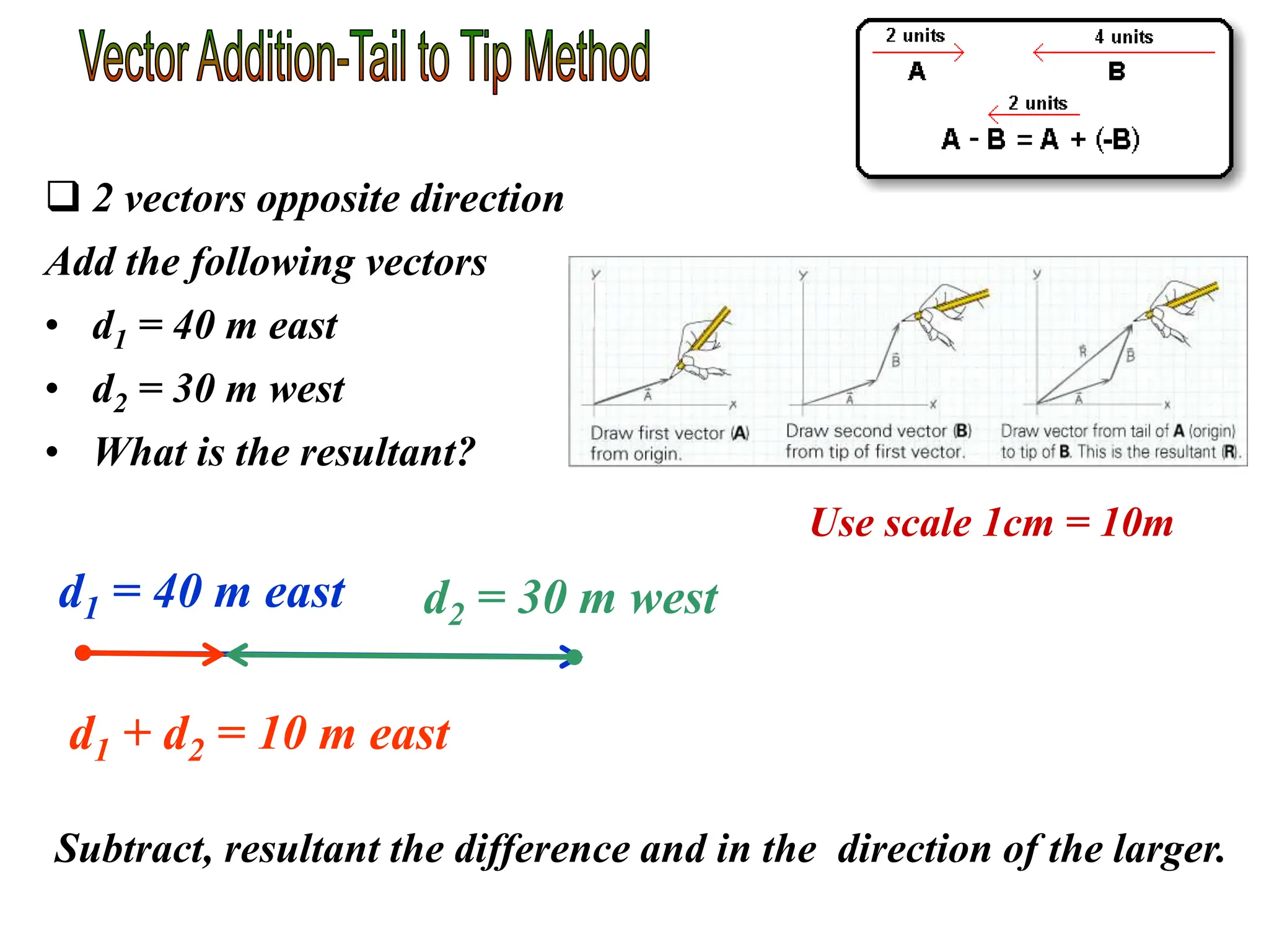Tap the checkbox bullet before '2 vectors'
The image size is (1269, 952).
pyautogui.click(x=63, y=196)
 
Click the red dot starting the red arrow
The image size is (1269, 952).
pyautogui.click(x=82, y=653)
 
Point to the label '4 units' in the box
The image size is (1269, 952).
pyautogui.click(x=1123, y=37)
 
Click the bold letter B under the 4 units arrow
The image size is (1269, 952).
pyautogui.click(x=1116, y=72)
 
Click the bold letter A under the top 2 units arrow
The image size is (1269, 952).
pyautogui.click(x=916, y=72)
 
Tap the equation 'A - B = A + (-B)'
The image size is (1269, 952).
pyautogui.click(x=1040, y=139)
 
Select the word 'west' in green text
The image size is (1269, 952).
pyautogui.click(x=674, y=599)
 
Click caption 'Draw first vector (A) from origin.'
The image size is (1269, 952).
pyautogui.click(x=669, y=443)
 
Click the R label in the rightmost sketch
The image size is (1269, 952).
pyautogui.click(x=1082, y=351)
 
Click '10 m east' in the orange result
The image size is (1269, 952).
pyautogui.click(x=353, y=734)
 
